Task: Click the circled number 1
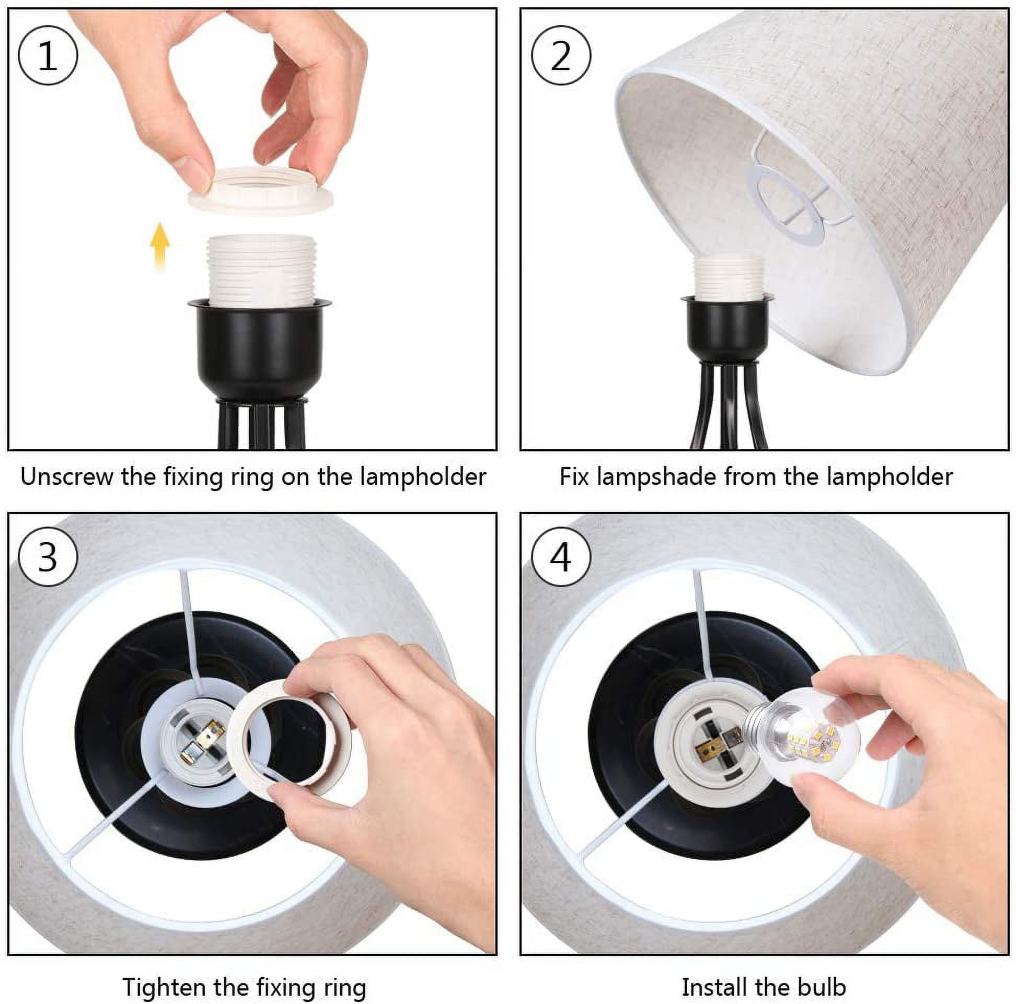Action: point(48,55)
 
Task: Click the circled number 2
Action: point(561,55)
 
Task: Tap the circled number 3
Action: point(48,557)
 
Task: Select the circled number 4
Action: point(561,557)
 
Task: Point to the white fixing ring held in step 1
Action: point(261,190)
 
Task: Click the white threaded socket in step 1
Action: point(261,270)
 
